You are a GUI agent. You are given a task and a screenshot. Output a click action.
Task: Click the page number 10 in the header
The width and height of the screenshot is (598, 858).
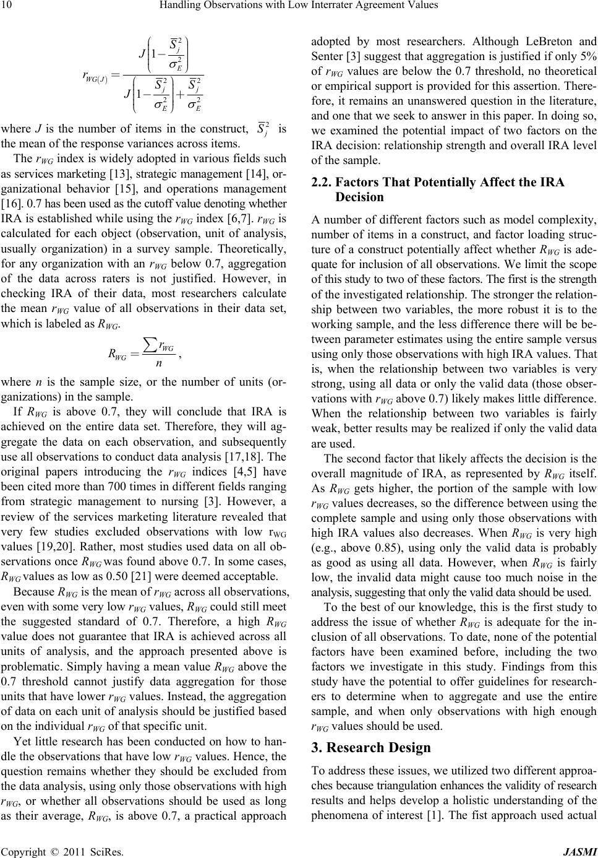(x=7, y=6)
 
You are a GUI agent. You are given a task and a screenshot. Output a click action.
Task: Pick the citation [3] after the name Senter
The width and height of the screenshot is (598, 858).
(x=373, y=57)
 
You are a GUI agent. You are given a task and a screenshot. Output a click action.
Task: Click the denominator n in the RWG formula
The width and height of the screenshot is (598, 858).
(x=160, y=362)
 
